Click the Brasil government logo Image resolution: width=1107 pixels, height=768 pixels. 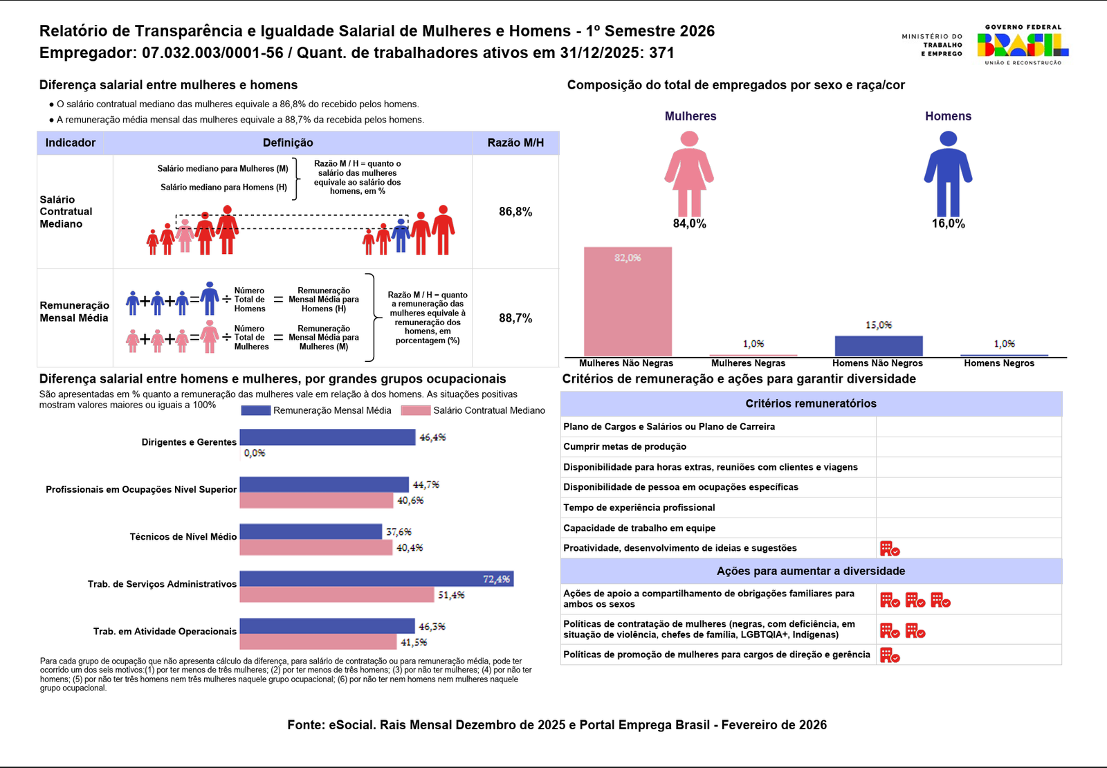tap(1023, 45)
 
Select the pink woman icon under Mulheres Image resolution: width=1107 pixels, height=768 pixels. tap(689, 173)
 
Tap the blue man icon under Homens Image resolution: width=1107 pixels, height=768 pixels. tap(948, 173)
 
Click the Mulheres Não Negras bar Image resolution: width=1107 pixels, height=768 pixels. tap(628, 302)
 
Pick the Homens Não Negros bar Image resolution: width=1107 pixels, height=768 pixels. tap(879, 346)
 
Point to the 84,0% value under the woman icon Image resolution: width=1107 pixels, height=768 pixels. tap(689, 223)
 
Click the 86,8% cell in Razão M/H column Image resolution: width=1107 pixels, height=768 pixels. tap(515, 212)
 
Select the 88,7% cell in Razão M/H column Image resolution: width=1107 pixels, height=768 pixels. tap(515, 318)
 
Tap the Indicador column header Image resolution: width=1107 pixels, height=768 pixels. tap(71, 143)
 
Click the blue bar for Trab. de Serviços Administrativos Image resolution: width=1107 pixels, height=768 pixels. tap(376, 579)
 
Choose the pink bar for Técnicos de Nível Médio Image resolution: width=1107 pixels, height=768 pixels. tap(316, 547)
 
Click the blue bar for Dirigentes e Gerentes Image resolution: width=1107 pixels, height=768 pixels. tap(327, 437)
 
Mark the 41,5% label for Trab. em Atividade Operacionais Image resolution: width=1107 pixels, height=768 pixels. tap(414, 643)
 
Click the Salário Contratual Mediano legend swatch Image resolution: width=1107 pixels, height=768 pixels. tap(416, 410)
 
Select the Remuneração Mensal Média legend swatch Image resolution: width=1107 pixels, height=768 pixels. tap(255, 410)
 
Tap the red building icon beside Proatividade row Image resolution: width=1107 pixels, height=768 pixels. tap(890, 549)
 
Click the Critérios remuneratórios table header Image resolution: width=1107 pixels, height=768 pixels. tap(811, 403)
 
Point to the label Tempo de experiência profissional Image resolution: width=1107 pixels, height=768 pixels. tap(639, 508)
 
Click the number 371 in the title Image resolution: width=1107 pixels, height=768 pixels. tap(661, 53)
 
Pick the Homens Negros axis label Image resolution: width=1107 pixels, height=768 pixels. tap(999, 363)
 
